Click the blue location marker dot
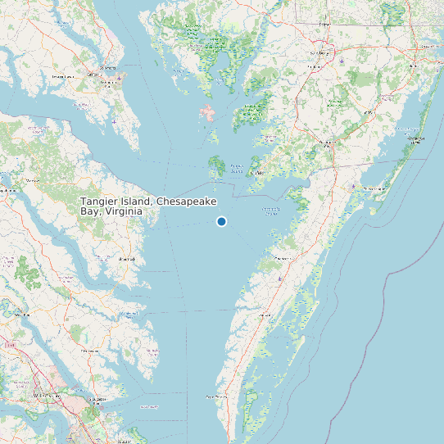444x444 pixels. [221, 221]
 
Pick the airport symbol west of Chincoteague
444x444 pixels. [352, 187]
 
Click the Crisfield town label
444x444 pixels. [256, 173]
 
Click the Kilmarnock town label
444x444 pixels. [127, 259]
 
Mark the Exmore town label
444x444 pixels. [264, 315]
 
